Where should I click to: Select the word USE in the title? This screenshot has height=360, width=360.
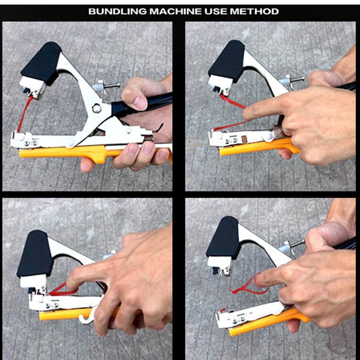point(221,11)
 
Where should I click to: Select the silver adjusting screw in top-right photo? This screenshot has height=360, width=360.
point(294,78)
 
